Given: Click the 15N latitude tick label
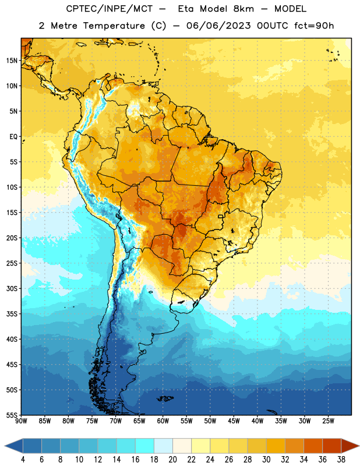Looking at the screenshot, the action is coord(12,61).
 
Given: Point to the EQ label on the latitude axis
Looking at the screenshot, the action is coord(13,137).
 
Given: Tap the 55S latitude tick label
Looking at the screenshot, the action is coord(12,415).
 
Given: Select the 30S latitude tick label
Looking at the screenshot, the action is coord(12,288).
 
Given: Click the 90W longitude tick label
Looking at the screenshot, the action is coord(21,421).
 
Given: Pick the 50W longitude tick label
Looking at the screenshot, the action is coord(210,421).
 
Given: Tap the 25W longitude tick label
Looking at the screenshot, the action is coord(328,421).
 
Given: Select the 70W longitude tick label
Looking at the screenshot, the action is coord(116,421).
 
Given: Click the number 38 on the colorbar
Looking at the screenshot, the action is coord(341,460).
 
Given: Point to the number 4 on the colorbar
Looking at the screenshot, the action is coord(23,460).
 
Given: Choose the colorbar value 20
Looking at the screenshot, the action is coord(172,460).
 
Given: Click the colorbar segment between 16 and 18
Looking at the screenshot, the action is coord(144,446).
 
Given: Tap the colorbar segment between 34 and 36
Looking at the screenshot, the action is coord(313,446).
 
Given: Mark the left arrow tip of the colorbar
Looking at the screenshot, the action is coord(5,446).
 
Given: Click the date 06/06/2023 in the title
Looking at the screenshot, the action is coord(218,26).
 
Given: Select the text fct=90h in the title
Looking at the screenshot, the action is coord(314,26).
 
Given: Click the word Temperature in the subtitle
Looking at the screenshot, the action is coord(114,26).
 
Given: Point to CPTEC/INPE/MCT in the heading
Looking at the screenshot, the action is coord(110,9).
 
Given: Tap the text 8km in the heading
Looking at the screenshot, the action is coord(243,9).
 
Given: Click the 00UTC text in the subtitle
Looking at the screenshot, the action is coord(273,26).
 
